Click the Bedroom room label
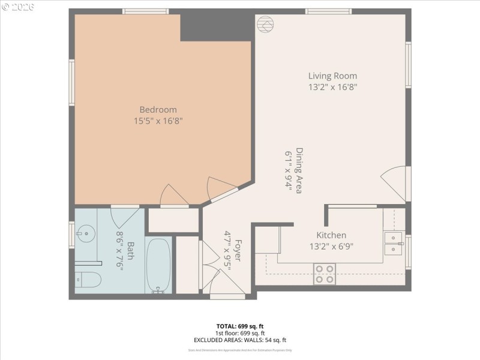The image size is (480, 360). pos(158,110)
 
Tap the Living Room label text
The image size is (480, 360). pos(332,76)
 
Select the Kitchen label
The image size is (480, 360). pos(331,235)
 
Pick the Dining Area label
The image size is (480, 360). pos(298,170)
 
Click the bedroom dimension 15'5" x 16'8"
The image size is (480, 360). pos(158,121)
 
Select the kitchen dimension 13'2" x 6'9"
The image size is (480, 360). pos(331,246)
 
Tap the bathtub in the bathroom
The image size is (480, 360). pos(158,265)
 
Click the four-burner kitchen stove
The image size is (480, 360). pos(325,274)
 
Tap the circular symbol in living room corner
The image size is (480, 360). pos(265,25)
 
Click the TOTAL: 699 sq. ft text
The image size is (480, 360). pos(239,326)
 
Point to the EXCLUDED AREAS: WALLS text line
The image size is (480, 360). pos(239,340)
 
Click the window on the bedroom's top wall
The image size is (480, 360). pos(140,11)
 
